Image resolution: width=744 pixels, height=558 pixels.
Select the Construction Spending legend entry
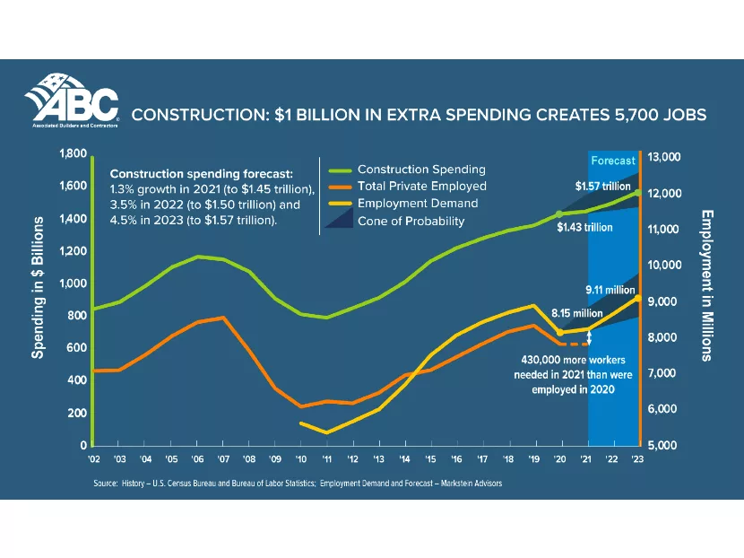click(x=421, y=169)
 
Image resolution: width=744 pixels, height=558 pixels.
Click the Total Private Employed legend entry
click(x=421, y=186)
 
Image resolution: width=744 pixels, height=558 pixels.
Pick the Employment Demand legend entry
click(x=418, y=204)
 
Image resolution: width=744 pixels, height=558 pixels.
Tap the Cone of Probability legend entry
click(x=411, y=221)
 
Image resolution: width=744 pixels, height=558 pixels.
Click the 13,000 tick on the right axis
click(x=665, y=157)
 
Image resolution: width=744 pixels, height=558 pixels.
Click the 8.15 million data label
click(x=576, y=314)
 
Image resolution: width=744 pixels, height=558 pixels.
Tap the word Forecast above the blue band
click(x=613, y=161)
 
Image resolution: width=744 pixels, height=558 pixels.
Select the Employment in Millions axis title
click(x=707, y=285)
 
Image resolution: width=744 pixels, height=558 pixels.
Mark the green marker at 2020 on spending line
click(x=559, y=214)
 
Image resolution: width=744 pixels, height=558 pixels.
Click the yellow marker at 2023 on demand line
click(x=637, y=297)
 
